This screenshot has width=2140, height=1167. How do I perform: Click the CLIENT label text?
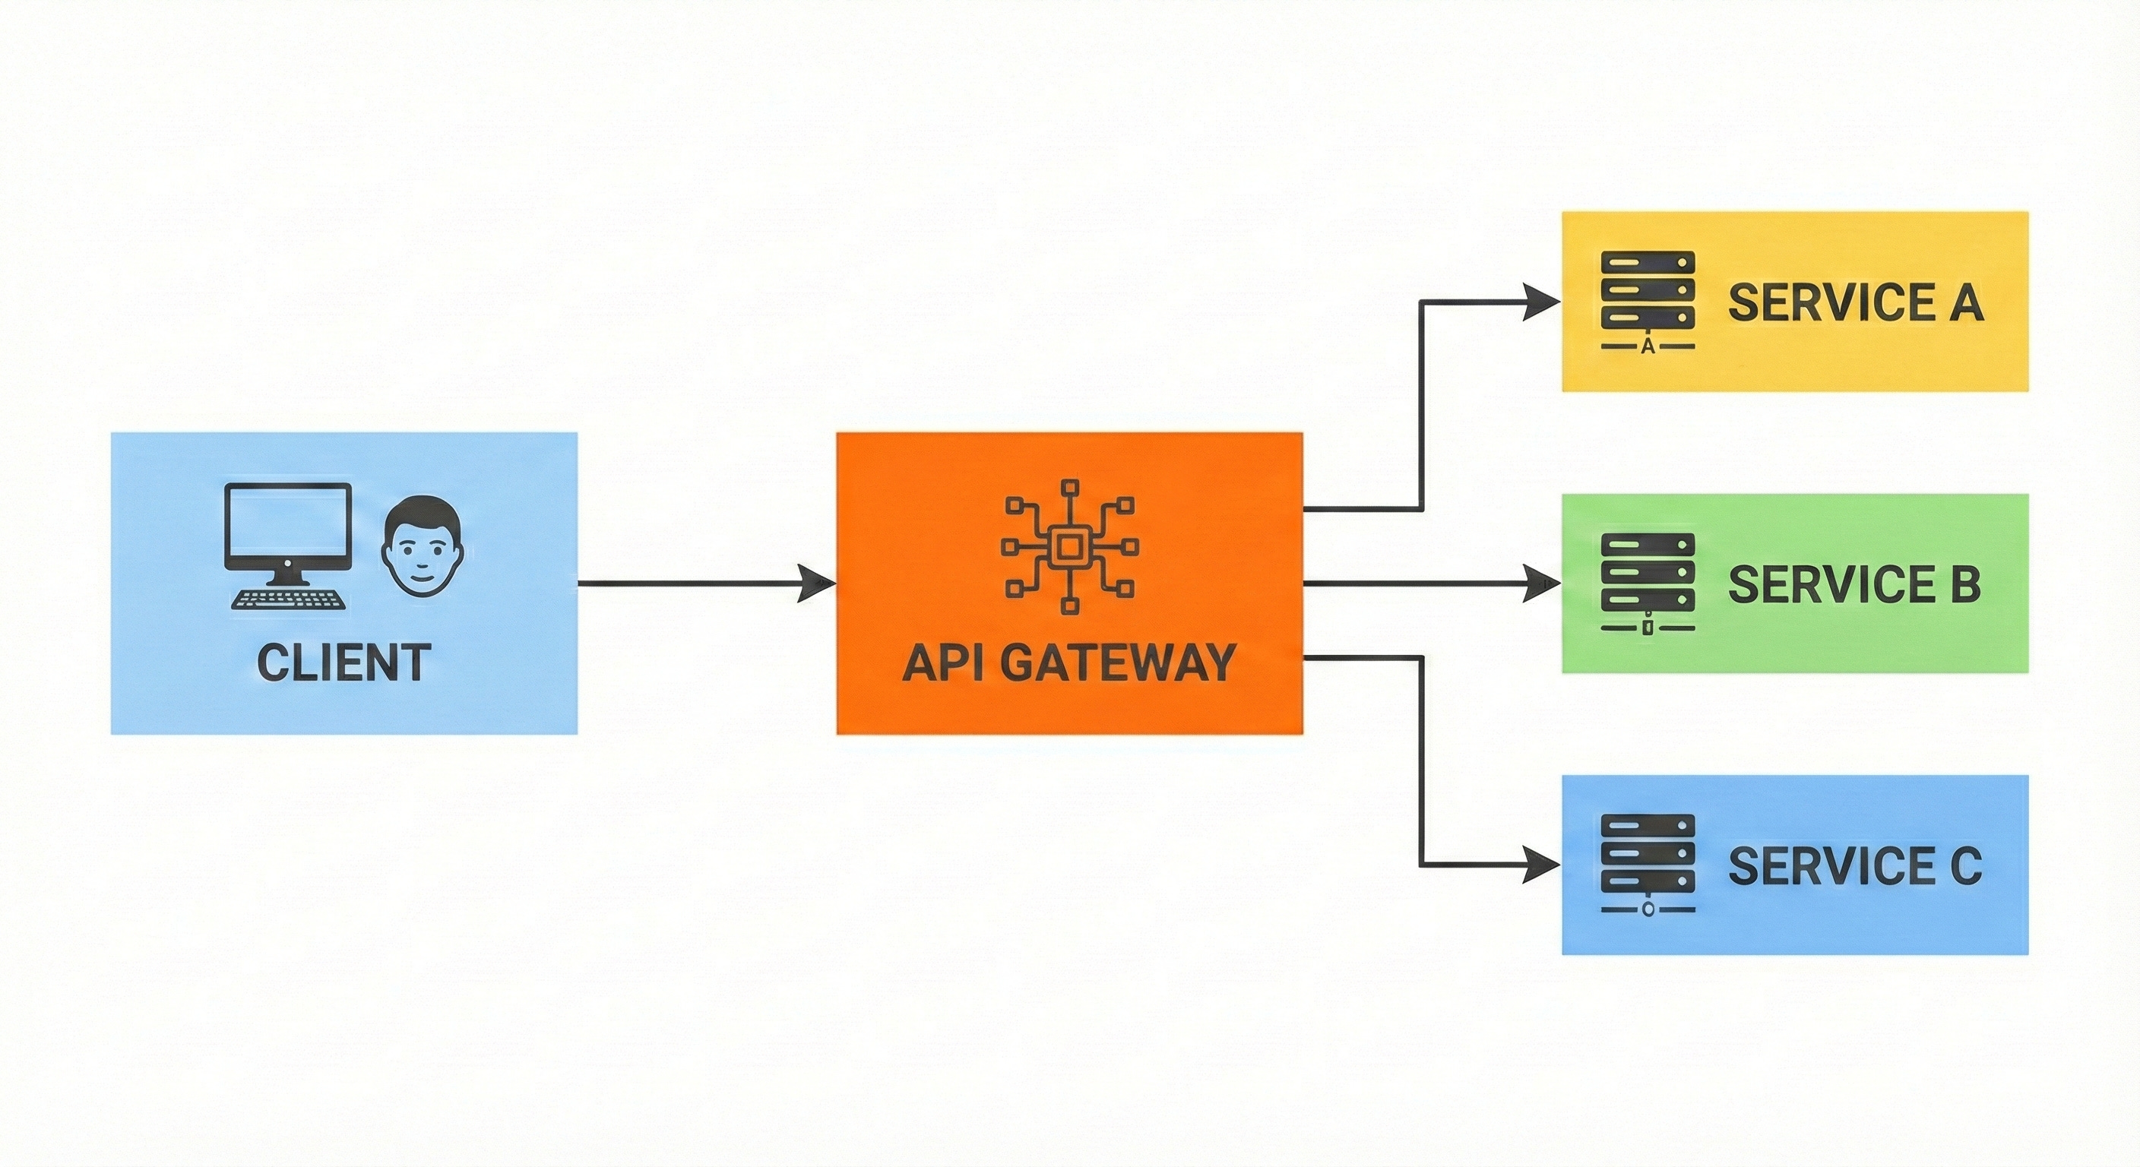tap(343, 663)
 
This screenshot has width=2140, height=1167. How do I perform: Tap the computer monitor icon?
tap(287, 528)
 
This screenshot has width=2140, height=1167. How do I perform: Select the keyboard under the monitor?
tap(287, 599)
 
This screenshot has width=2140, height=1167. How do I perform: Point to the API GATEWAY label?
tap(1069, 663)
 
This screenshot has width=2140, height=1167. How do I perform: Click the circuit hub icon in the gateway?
tap(1069, 546)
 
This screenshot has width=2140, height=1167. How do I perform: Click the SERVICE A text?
tap(1855, 302)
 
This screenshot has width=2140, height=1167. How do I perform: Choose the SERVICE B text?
tap(1854, 584)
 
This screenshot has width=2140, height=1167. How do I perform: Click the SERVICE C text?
tap(1854, 865)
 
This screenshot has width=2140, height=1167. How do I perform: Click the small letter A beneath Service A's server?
tap(1648, 347)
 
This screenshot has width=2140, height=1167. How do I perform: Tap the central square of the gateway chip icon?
tap(1069, 546)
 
